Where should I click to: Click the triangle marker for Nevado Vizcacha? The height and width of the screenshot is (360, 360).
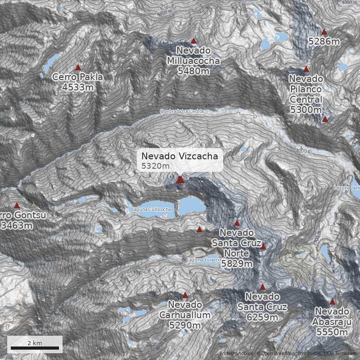180,180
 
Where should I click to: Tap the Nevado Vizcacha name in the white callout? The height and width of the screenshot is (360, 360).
180,156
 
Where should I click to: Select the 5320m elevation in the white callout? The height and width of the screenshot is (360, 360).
155,166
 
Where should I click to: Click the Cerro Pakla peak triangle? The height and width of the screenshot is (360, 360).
78,67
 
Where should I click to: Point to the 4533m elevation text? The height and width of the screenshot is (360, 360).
78,87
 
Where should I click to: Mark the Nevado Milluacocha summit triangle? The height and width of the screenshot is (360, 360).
194,40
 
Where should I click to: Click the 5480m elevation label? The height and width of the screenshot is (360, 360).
193,71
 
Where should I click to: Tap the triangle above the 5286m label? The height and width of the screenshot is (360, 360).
324,31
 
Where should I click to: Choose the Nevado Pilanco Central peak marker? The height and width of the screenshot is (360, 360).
306,69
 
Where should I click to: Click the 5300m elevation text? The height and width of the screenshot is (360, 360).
306,109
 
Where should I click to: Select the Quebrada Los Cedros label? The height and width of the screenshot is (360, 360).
182,111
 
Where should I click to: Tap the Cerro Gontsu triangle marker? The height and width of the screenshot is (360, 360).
17,206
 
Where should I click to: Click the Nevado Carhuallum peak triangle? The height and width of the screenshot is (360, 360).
185,295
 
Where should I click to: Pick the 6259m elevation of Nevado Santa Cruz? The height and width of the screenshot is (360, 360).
262,317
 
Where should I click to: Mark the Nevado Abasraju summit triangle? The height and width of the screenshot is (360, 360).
332,302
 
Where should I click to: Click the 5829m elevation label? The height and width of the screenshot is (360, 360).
237,264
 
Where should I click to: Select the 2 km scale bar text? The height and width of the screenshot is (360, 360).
35,343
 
